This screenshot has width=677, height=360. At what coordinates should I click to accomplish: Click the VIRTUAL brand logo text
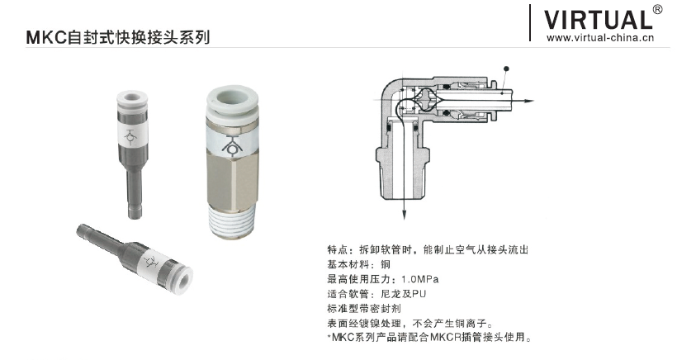click(599, 20)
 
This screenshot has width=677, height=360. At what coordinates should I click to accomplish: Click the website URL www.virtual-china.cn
click(600, 37)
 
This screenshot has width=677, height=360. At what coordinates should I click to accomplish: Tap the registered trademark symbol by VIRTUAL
click(657, 10)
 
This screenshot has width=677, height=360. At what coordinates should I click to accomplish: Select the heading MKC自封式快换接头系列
click(118, 37)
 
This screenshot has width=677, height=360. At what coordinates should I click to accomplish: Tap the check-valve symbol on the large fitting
click(232, 144)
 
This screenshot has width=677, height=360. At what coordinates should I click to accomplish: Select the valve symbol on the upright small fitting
click(131, 135)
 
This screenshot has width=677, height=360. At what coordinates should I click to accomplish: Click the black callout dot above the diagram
click(506, 69)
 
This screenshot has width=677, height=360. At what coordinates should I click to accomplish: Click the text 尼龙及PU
click(403, 294)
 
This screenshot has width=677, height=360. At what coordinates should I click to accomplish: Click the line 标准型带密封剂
click(364, 308)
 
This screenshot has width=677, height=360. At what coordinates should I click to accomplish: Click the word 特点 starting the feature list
click(338, 249)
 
